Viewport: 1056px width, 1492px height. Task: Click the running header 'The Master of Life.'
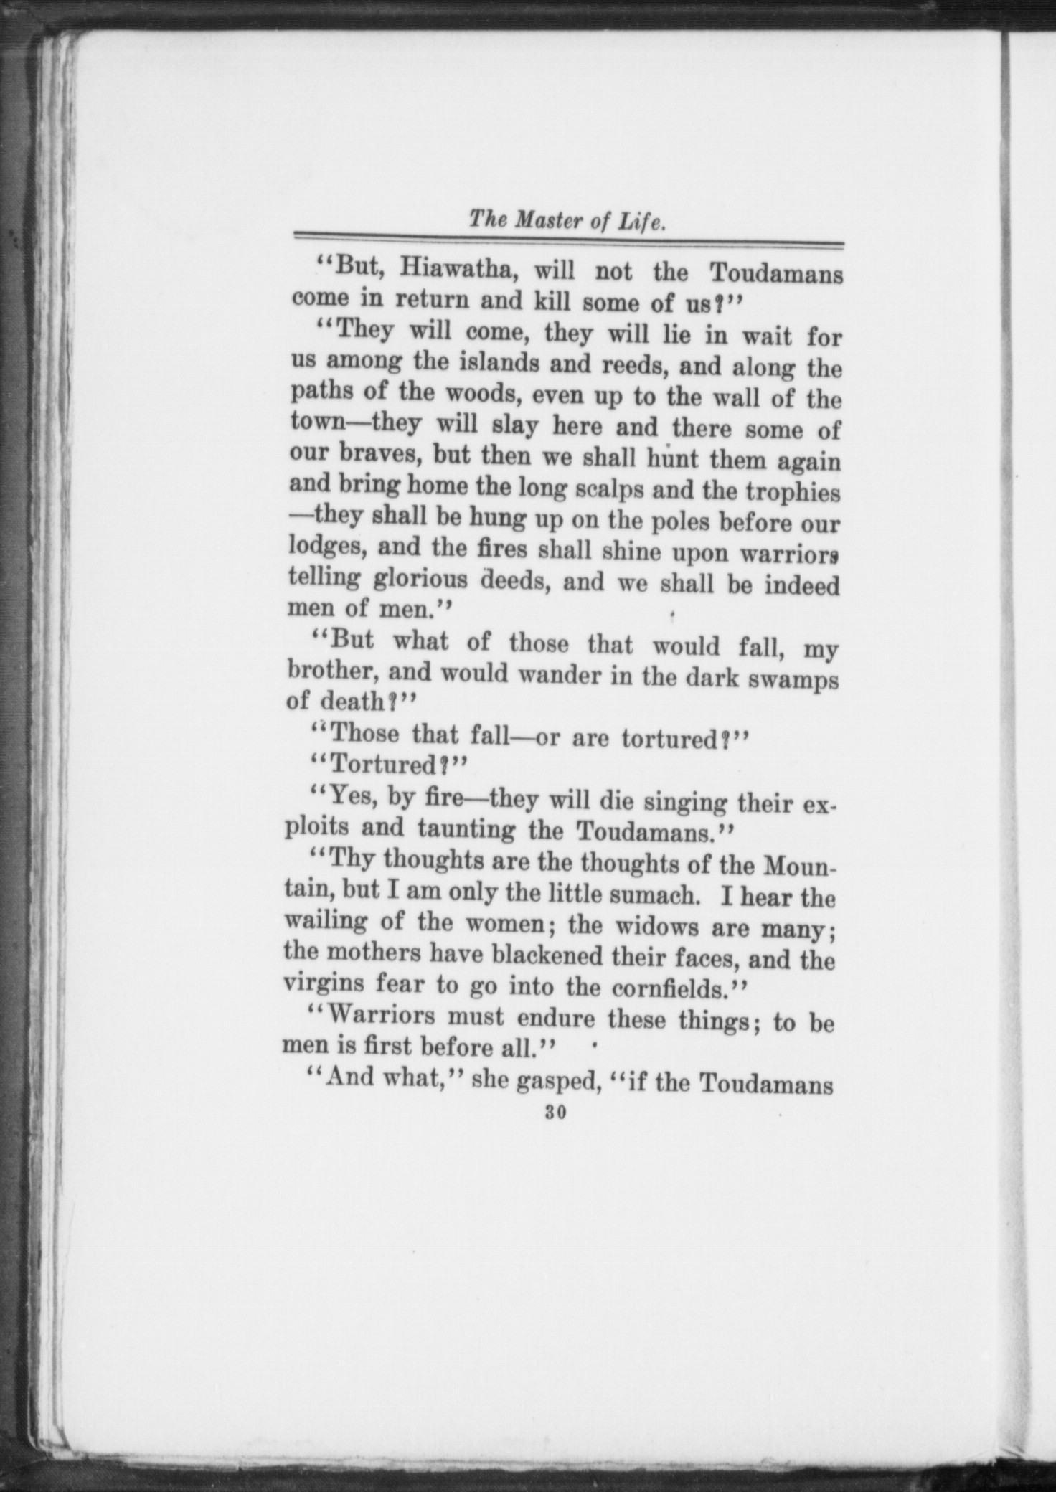[x=567, y=219]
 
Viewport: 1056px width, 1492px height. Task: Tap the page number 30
[x=556, y=1113]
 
